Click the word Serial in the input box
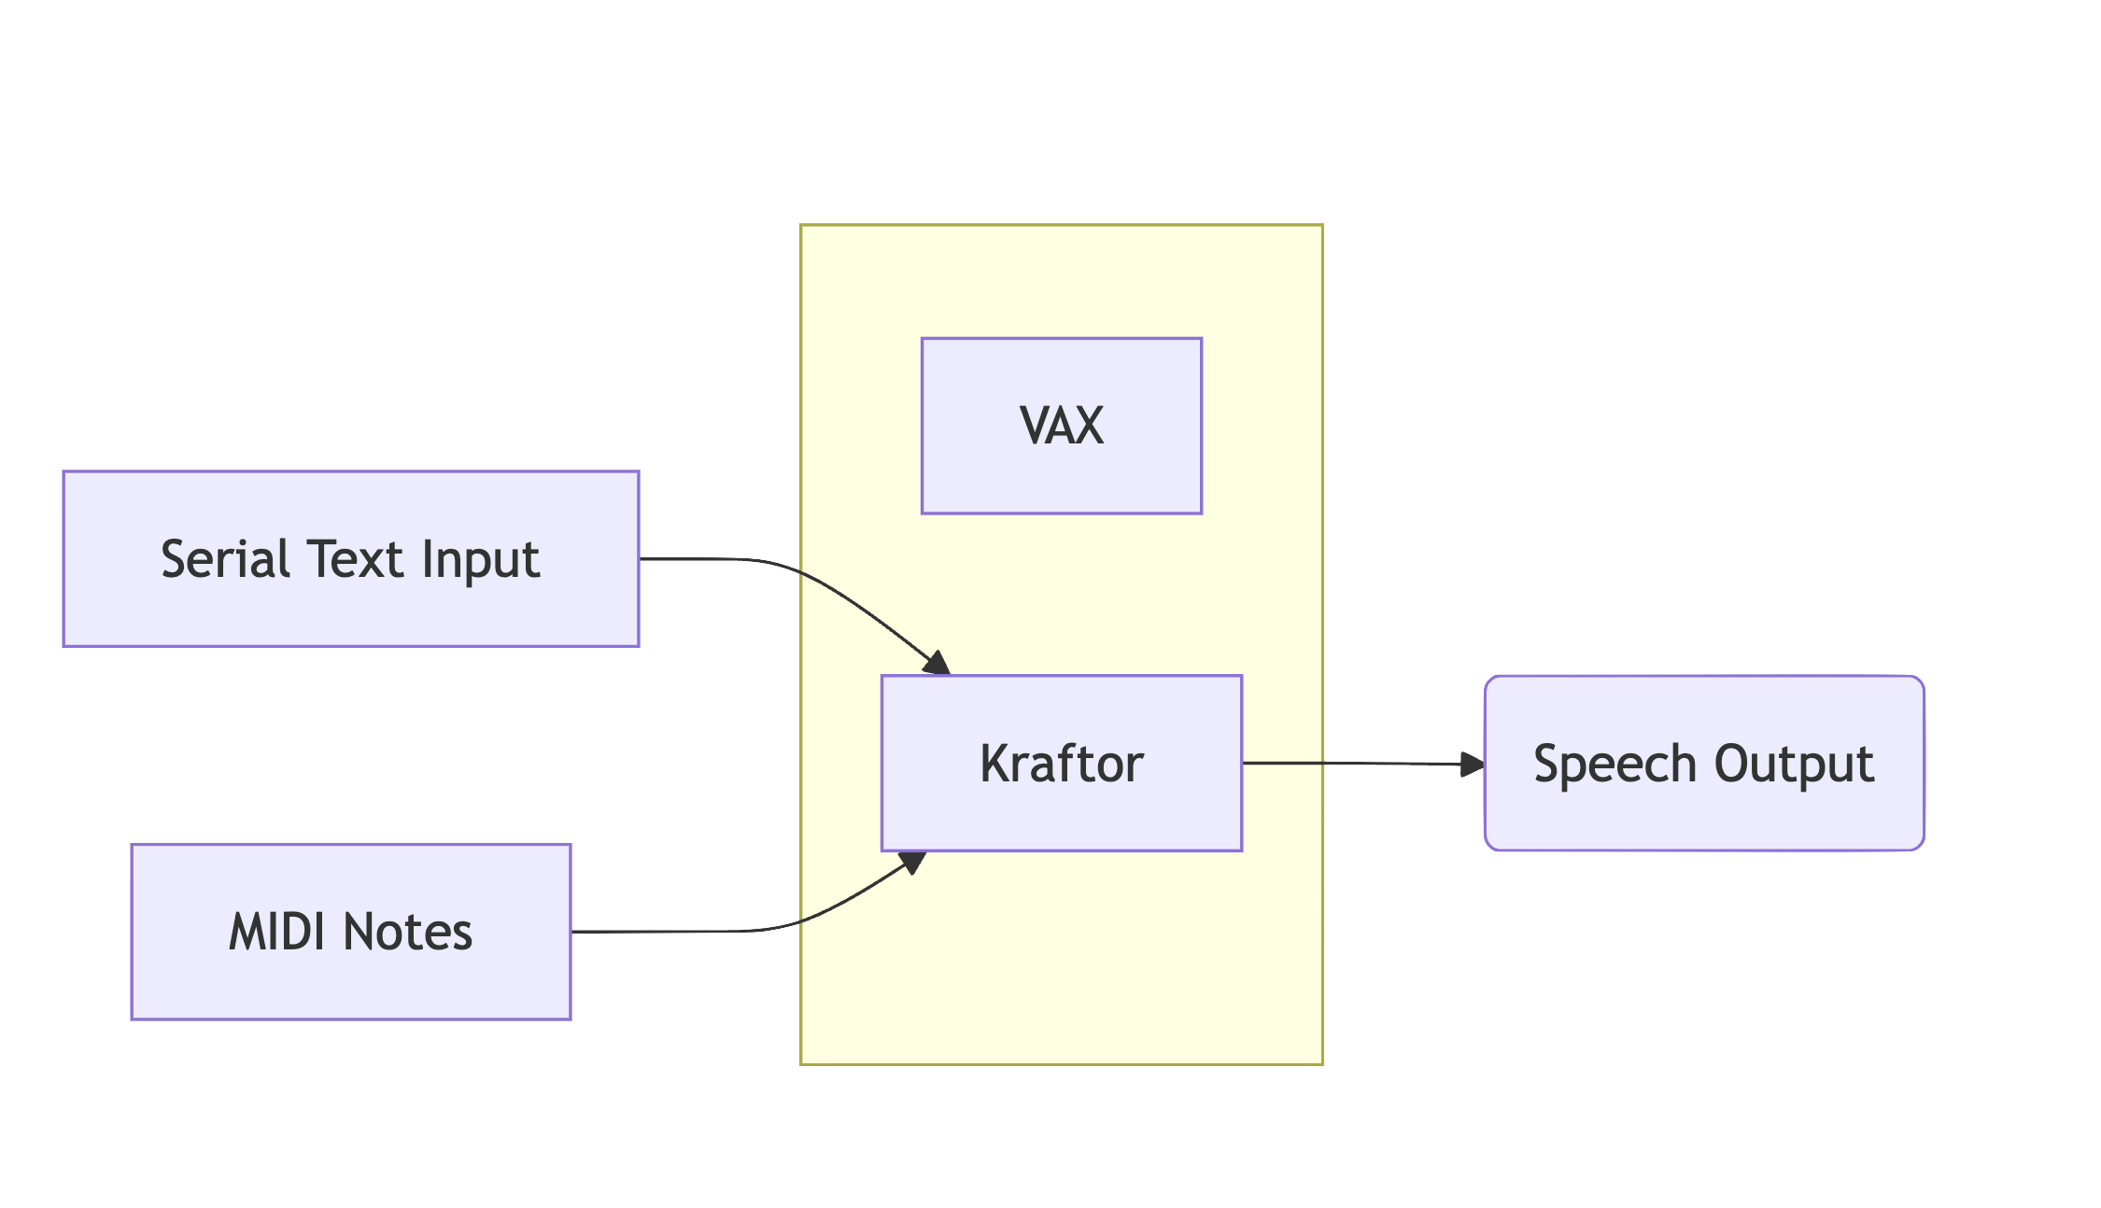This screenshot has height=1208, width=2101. coord(225,559)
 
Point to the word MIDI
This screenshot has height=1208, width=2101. coord(279,932)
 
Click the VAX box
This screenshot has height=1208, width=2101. coord(1062,426)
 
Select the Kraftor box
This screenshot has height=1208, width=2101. coord(1062,763)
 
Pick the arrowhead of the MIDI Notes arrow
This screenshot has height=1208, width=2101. coord(912,862)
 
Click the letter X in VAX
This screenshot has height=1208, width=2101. coord(1089,426)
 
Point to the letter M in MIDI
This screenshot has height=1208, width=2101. coord(247,932)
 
